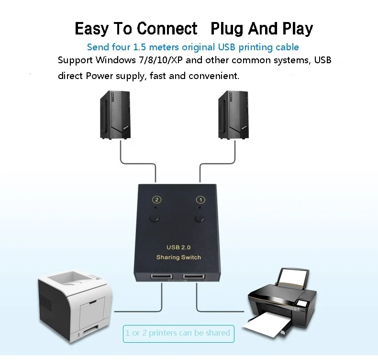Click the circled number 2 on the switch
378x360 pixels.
tap(156, 200)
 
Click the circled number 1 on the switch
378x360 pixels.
tap(200, 200)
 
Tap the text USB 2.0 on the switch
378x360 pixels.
tap(178, 247)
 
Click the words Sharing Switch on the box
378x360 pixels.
tap(178, 257)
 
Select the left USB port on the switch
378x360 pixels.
tap(162, 277)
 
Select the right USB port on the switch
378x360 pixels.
tap(194, 277)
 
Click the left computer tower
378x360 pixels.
tap(115, 115)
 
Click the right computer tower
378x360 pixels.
tap(233, 115)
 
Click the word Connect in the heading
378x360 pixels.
tap(167, 28)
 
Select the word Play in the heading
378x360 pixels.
tap(298, 29)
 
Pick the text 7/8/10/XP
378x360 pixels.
tap(161, 60)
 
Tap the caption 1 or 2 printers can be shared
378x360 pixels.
tap(178, 333)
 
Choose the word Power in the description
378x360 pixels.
tap(100, 76)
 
